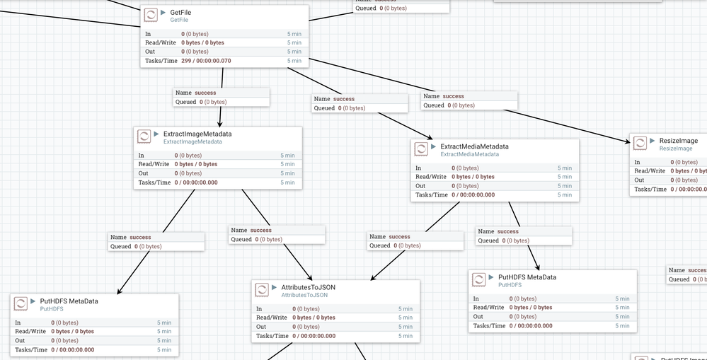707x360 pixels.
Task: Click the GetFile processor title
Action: tap(180, 12)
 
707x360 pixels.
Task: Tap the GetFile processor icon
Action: tap(151, 16)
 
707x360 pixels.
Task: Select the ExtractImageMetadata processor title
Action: tap(197, 134)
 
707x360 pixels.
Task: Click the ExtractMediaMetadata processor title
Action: tap(474, 146)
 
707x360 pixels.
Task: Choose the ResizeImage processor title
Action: tap(678, 141)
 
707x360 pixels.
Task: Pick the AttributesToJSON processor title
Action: tap(308, 287)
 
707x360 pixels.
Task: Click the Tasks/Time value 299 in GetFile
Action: tap(187, 61)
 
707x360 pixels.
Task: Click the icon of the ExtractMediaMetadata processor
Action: tap(420, 149)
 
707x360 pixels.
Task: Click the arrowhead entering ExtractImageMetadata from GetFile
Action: tap(219, 124)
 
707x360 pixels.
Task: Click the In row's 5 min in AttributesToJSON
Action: tap(405, 309)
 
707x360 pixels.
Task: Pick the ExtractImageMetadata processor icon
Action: tap(144, 137)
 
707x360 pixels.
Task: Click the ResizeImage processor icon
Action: tap(639, 144)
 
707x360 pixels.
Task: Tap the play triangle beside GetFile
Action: tap(163, 12)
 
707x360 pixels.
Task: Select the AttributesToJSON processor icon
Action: tap(261, 290)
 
